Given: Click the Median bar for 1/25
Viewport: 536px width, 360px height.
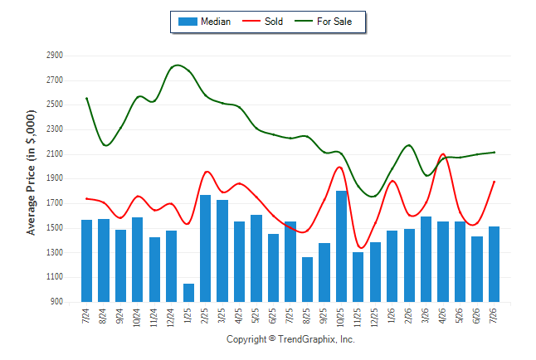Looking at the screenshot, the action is [x=188, y=293].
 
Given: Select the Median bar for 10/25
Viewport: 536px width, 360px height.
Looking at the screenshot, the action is [x=342, y=246].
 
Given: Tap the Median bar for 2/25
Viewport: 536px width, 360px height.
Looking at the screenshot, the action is [x=206, y=248].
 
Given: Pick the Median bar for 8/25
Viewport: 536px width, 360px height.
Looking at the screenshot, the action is [x=307, y=280].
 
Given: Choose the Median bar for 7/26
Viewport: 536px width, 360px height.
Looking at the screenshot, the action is [x=494, y=264].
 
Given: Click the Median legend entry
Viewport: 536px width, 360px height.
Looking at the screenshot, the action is [x=204, y=22].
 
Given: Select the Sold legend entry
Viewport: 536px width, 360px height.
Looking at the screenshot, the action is [x=262, y=22].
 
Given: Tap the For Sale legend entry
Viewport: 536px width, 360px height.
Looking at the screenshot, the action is [x=324, y=22].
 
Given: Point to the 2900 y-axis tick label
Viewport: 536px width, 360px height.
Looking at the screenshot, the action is [x=55, y=55].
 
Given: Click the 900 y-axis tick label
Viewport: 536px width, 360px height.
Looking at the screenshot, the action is [x=56, y=302].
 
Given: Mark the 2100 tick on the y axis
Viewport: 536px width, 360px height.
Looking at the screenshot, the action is [x=55, y=153].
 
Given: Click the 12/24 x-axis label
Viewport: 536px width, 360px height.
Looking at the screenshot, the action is [x=171, y=318].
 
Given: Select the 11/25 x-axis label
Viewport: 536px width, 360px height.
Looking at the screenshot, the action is [x=358, y=318].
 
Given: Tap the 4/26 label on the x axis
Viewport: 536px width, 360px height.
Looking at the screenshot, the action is [x=442, y=316].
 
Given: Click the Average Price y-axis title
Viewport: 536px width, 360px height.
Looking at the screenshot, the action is [x=31, y=173].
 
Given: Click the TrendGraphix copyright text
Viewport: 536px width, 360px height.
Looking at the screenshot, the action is [x=290, y=339].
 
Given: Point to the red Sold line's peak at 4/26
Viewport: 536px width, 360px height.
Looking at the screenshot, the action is [x=443, y=153].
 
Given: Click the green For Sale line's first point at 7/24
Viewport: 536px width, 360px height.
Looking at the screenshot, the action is [x=86, y=99].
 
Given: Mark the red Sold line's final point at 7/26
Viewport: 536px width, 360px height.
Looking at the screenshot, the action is [x=494, y=182].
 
